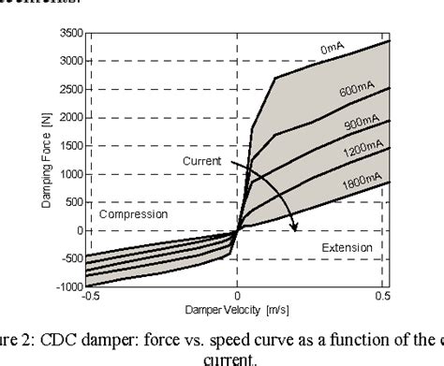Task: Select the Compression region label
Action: (128, 214)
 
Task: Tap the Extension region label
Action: (341, 247)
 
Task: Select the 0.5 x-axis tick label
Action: (383, 298)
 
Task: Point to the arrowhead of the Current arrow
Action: (294, 227)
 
